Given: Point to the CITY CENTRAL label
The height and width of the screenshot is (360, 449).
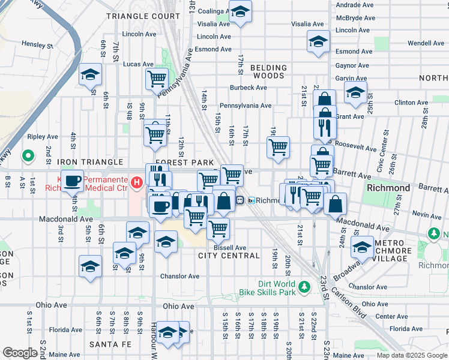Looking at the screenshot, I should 229,256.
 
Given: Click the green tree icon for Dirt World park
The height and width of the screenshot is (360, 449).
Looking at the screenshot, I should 305,288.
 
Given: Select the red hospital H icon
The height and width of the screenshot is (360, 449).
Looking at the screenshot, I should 137,181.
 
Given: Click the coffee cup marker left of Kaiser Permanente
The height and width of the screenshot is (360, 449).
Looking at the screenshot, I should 72,179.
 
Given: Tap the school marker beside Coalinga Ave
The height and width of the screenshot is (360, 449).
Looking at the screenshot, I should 240,11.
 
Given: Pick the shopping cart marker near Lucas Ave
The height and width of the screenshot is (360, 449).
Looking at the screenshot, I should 157,77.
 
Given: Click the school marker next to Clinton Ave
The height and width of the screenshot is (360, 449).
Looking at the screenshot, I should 355,92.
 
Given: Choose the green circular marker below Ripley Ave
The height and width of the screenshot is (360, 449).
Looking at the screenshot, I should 28,157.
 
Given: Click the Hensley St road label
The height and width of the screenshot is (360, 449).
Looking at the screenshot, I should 37,44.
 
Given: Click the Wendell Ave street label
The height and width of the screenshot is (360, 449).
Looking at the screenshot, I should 426,43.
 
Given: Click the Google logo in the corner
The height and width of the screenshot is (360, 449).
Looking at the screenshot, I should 20,353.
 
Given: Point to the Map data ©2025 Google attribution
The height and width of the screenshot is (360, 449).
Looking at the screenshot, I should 412,355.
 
